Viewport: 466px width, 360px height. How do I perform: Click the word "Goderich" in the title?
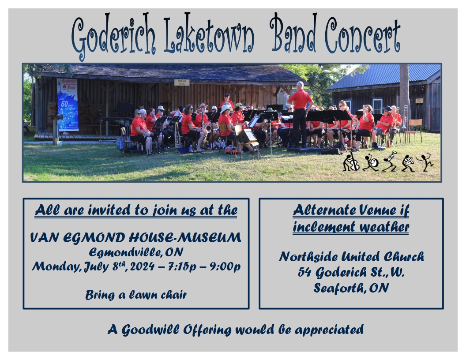113,36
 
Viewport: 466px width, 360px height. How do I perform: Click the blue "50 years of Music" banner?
68,105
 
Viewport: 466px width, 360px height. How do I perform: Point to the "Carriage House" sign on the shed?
181,82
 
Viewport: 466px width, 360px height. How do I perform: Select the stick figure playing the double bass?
351,162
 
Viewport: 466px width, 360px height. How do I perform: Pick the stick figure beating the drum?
370,162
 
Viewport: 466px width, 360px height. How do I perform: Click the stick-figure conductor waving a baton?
425,162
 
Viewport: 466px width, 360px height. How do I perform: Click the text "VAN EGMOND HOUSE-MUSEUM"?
136,238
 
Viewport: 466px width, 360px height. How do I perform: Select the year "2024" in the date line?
142,266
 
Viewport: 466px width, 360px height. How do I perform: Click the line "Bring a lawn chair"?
136,295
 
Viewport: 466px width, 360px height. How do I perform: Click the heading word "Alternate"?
325,210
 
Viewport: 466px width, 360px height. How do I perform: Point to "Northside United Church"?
351,257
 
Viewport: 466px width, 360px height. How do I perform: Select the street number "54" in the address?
304,272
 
